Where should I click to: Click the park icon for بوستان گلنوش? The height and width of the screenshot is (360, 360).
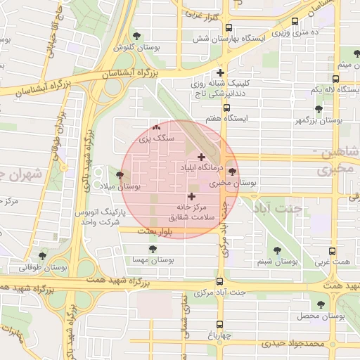click(x=136, y=36)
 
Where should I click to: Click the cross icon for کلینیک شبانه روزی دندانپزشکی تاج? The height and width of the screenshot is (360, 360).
click(x=221, y=72)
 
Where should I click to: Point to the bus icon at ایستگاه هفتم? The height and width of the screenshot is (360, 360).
click(x=226, y=108)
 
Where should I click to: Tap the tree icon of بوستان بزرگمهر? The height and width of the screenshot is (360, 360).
click(x=319, y=109)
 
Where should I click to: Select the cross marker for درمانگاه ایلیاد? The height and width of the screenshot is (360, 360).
click(x=202, y=157)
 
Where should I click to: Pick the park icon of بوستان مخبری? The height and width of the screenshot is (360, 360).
click(x=232, y=171)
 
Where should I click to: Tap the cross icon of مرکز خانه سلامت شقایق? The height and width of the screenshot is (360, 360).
click(x=191, y=195)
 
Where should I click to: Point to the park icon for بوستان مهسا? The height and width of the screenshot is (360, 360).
click(x=153, y=248)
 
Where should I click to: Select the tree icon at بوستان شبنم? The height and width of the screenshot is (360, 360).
click(x=274, y=250)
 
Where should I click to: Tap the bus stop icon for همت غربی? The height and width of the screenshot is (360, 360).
click(x=333, y=250)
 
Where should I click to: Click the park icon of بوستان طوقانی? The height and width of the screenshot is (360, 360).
click(x=43, y=256)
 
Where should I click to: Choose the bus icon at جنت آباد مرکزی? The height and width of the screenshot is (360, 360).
click(x=219, y=281)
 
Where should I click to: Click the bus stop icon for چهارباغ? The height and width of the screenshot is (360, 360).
click(x=219, y=324)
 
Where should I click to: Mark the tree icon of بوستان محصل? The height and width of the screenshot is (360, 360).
click(x=321, y=305)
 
